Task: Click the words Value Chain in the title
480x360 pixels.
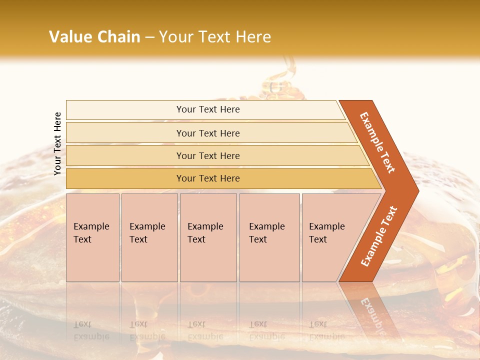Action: pos(94,37)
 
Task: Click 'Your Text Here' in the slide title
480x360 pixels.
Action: pos(215,37)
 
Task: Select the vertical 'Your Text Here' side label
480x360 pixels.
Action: pos(58,143)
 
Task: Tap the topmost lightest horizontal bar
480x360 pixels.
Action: pos(207,109)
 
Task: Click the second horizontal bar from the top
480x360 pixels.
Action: pos(207,133)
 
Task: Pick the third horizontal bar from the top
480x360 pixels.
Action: pos(207,155)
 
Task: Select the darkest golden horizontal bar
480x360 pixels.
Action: pos(207,178)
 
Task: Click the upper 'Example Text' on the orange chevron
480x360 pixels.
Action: pos(378,142)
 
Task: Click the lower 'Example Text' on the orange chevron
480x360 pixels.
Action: pos(378,236)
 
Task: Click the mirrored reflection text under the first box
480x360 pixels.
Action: pos(91,330)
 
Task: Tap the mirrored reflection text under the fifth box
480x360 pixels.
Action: pos(326,330)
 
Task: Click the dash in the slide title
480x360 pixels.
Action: pos(149,37)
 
